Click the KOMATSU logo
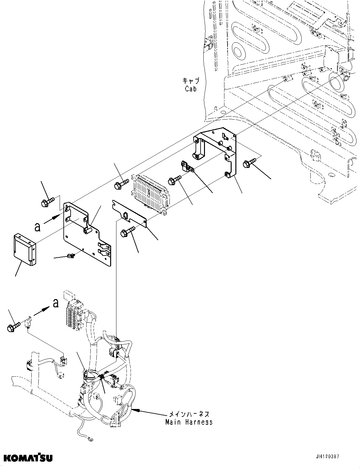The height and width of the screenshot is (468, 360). (x=28, y=457)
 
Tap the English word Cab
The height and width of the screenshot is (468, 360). (x=191, y=89)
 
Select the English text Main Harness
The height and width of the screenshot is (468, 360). (x=189, y=422)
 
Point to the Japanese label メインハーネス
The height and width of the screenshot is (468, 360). (x=189, y=414)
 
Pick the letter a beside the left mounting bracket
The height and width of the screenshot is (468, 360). (x=38, y=227)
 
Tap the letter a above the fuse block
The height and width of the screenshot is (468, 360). (x=56, y=303)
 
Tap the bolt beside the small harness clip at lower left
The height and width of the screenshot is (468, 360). (x=13, y=326)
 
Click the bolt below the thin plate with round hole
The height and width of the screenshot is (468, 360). (x=127, y=231)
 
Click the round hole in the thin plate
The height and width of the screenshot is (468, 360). (x=125, y=215)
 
